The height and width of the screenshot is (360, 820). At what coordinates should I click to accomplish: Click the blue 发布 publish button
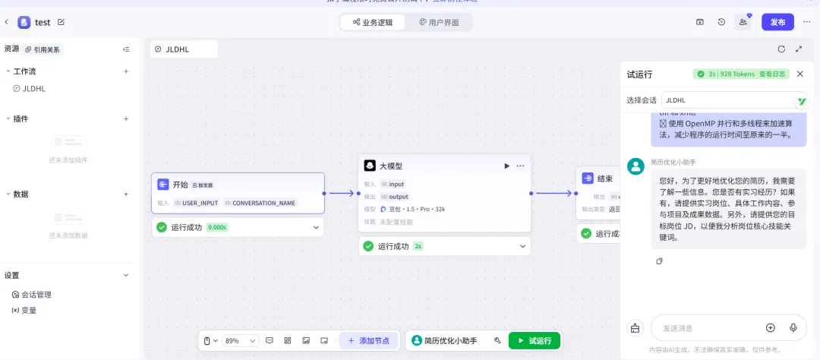tap(777, 22)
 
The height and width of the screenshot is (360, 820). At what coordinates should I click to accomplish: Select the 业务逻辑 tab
tap(372, 23)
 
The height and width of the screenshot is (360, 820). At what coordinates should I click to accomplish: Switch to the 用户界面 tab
tap(439, 23)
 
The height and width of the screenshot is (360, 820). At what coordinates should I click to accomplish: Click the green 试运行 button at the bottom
tap(535, 341)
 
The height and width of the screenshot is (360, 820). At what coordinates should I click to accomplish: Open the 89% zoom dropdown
tap(241, 341)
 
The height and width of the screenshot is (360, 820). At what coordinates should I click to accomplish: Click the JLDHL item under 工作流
tap(34, 89)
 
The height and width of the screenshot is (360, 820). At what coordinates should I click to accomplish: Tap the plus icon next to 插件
tap(126, 118)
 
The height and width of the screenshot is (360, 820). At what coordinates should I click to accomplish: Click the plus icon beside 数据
tap(126, 194)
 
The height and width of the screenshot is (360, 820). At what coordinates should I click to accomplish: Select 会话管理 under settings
tap(36, 295)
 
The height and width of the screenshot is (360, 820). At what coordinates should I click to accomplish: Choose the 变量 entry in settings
tap(29, 310)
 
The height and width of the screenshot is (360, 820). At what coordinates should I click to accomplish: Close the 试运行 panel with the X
tap(799, 74)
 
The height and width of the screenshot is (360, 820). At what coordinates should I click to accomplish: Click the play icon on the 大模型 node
tap(506, 166)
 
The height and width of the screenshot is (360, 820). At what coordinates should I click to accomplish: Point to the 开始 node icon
tap(163, 185)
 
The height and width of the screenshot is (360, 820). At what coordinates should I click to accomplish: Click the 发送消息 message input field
tap(706, 328)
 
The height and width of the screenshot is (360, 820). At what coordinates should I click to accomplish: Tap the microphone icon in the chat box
tap(793, 327)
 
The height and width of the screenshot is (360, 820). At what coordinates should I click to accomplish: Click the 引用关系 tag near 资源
tap(43, 49)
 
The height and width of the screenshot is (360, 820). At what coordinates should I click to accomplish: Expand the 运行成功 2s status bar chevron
tap(522, 246)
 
